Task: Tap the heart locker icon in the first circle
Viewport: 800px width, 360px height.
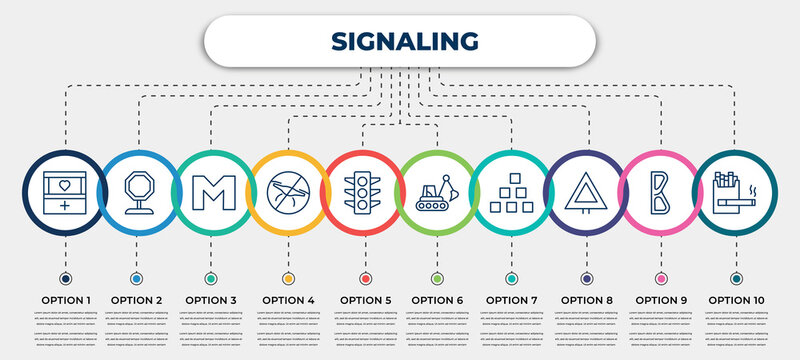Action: pos(64,193)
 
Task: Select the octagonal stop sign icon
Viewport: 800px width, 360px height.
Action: pos(138,193)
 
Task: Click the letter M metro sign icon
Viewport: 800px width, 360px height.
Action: pos(212,193)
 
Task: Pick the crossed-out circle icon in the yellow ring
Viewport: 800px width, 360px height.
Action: pos(288,193)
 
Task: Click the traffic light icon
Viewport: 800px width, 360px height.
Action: pos(363,193)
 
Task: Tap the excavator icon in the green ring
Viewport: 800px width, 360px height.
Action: pos(437,193)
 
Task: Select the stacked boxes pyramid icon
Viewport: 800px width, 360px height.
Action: pos(512,193)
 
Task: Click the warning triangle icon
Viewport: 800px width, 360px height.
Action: pos(586,193)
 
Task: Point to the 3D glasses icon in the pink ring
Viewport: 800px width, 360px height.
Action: pos(660,193)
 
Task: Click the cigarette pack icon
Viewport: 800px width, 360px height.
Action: pos(735,193)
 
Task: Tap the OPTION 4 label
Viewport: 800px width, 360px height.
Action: pos(288,299)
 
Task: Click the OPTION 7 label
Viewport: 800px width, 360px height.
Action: pos(512,299)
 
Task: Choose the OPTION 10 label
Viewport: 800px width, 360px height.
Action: pos(736,299)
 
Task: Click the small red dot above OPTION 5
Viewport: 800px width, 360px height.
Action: pos(363,278)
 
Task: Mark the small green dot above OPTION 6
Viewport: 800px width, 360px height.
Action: pos(437,278)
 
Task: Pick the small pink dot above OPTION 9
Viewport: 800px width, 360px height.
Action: pos(660,278)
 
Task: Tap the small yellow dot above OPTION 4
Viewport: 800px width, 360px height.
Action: pos(288,278)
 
